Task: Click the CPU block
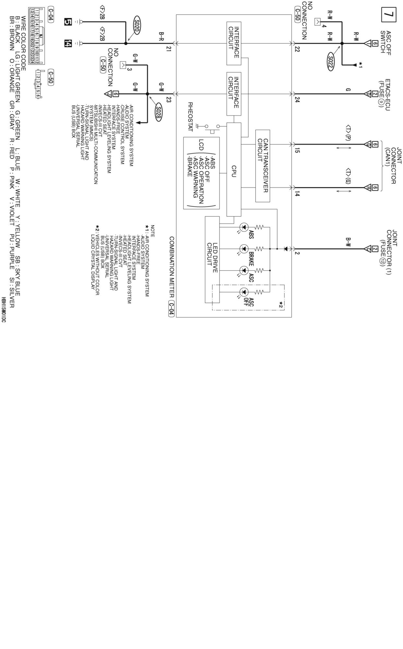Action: [234, 170]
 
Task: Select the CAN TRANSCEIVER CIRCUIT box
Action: [263, 165]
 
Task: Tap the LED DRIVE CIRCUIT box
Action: [212, 260]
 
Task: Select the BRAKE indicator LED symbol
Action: [244, 249]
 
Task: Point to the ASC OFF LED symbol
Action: [244, 292]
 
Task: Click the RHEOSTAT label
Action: [190, 117]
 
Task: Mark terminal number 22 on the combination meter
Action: [297, 49]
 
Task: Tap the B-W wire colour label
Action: [348, 242]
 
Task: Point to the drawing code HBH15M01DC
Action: [4, 310]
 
